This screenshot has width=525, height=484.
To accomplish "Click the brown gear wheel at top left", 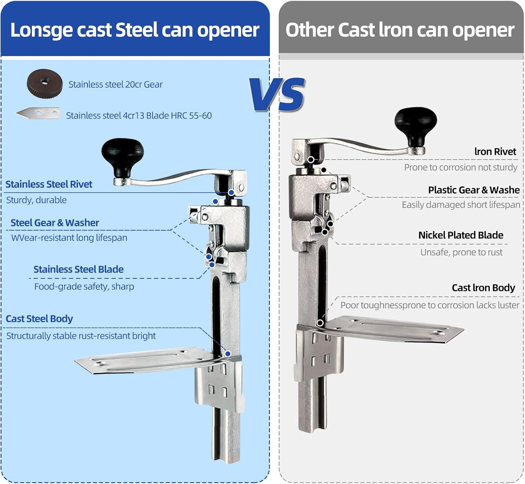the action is pos(45,84).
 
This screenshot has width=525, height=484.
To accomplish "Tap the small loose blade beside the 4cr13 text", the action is pos(38,113).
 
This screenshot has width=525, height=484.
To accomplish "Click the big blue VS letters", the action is pos(277,94).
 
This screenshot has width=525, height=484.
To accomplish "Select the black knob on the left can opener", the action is pos(122,157).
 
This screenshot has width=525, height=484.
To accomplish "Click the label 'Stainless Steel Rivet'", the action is pos(49,184).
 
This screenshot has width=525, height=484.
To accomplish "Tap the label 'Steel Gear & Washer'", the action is pos(55,223).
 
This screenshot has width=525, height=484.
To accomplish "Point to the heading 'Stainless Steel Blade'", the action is pos(78,269).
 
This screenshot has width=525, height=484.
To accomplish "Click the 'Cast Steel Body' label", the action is pos(39,319).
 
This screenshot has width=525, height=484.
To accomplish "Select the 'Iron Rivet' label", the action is pos(495,152).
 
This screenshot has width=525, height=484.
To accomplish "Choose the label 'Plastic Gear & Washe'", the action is pos(474,190).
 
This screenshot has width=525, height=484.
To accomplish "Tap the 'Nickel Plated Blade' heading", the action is pos(461,235).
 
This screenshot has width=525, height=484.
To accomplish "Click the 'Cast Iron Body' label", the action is pos(483,288).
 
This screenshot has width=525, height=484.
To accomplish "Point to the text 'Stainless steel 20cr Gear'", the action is pos(115,84).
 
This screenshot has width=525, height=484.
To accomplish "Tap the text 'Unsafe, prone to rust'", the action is pos(461,252).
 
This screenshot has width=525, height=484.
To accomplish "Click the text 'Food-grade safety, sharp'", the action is pos(84,287).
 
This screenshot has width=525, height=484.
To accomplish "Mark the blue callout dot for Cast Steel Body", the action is pos(228,354).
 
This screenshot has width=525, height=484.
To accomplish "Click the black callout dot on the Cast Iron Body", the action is pos(320,323).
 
